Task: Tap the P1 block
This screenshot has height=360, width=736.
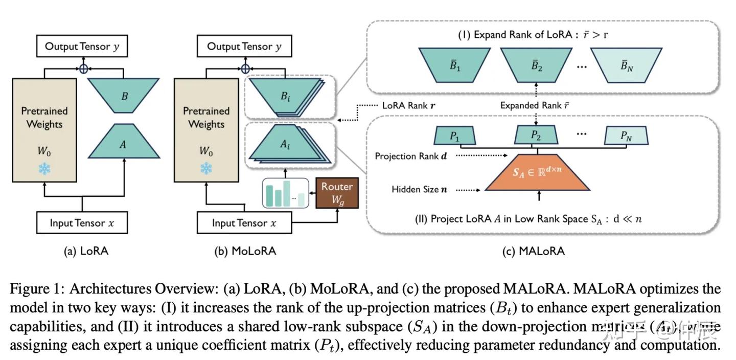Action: coord(455,136)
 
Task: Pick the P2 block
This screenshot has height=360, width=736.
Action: coord(536,136)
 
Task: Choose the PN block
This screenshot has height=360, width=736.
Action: coord(626,136)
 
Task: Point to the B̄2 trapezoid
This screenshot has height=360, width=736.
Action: coord(536,65)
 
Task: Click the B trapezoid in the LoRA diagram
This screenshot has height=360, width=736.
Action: coord(124,96)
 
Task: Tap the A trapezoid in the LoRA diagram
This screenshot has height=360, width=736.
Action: coord(123,144)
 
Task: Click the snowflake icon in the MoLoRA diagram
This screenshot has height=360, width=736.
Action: coord(206,168)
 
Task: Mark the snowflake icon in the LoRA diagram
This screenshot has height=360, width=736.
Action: coord(44,168)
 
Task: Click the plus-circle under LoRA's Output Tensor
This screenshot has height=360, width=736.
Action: coord(83,68)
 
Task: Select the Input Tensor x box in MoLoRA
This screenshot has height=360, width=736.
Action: coord(244,223)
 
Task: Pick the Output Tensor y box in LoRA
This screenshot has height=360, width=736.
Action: coord(82,47)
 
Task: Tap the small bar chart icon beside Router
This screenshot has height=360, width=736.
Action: coord(286,193)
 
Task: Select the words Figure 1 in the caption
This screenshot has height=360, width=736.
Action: coord(37,289)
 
